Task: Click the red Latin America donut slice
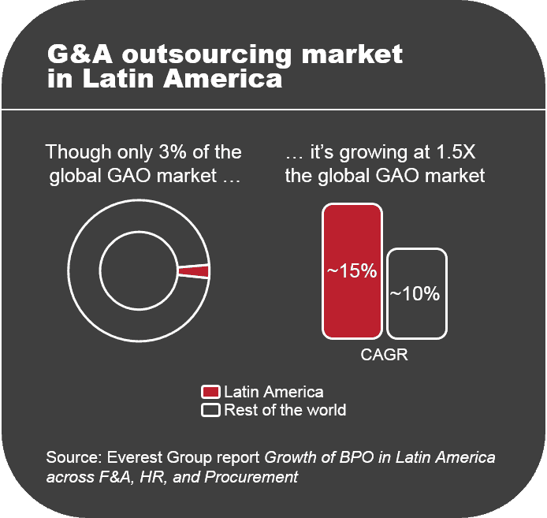(x=194, y=271)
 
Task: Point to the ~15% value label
(x=352, y=271)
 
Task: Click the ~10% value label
(x=415, y=294)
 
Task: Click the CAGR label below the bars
(x=384, y=355)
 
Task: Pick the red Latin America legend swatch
(x=210, y=392)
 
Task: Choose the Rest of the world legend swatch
(x=210, y=410)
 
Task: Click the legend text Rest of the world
(x=285, y=410)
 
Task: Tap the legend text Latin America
(x=273, y=392)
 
